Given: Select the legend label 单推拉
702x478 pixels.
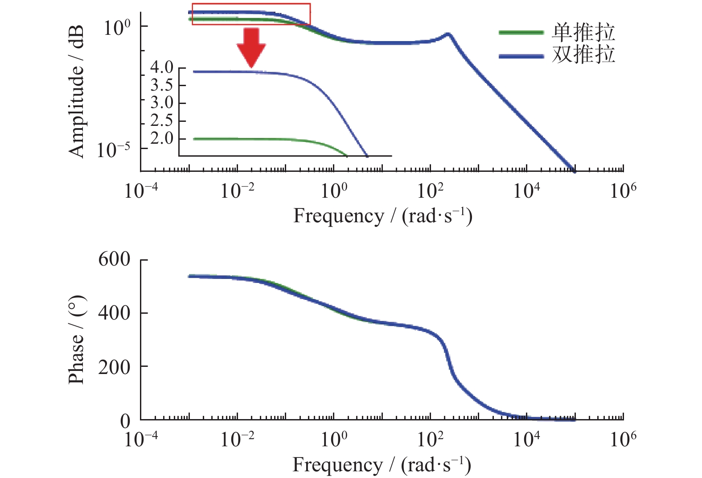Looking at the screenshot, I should click(x=583, y=32).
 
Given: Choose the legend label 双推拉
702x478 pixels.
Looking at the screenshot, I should click(x=583, y=54).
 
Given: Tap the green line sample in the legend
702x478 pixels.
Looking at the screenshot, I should click(x=521, y=33).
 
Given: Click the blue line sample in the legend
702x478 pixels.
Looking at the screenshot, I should click(x=521, y=56).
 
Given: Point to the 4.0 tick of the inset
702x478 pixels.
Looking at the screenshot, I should click(x=161, y=67).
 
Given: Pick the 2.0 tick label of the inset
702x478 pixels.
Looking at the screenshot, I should click(x=161, y=139).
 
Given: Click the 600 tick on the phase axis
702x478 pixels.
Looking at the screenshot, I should click(x=114, y=259).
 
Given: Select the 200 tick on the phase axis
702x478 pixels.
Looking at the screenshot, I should click(x=114, y=367).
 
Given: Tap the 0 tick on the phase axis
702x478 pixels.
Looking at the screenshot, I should click(x=125, y=420).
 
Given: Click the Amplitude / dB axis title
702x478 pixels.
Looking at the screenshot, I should click(x=76, y=91).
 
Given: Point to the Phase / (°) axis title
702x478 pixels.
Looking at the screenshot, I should click(x=76, y=340).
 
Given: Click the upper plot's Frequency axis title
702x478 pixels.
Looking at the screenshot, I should click(x=382, y=216).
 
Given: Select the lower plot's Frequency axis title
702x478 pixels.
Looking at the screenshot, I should click(x=382, y=465).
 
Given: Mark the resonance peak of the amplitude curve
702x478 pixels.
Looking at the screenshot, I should click(x=448, y=34).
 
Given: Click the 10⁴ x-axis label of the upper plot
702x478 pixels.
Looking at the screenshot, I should click(x=526, y=191).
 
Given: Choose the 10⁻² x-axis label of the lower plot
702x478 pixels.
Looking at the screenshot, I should click(x=237, y=440).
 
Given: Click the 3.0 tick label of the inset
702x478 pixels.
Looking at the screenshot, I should click(x=161, y=103).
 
